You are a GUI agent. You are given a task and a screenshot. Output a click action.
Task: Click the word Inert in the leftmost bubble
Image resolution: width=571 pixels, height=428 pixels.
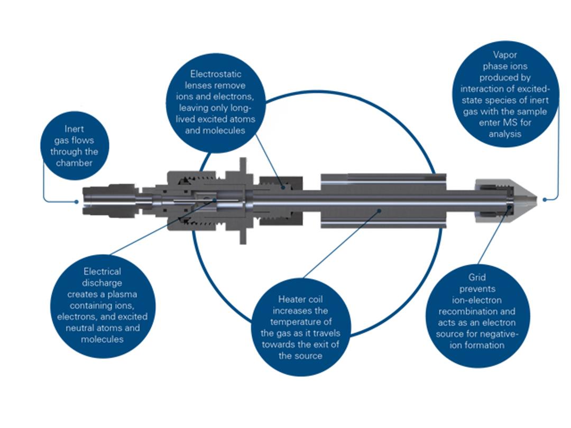coord(74,129)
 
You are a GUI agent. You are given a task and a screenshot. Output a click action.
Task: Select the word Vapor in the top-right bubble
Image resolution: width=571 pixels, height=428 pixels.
coord(505,55)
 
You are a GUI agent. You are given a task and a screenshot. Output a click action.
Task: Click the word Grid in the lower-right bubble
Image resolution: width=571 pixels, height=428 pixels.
coord(477,277)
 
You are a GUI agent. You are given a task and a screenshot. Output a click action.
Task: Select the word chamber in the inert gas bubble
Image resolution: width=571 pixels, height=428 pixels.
coord(74,163)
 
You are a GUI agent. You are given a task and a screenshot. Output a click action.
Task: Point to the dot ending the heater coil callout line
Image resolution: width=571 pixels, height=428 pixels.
coord(379,210)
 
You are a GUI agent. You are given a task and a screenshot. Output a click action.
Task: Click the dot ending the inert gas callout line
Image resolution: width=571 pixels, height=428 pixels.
coord(77,201)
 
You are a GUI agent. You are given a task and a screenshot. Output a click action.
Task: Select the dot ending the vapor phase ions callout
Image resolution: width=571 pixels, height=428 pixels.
coord(545,199)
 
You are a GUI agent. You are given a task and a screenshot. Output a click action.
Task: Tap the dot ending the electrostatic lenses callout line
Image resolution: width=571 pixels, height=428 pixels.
coord(283,187)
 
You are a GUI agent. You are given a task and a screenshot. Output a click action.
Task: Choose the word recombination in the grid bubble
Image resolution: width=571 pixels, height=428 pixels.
coord(476,311)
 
